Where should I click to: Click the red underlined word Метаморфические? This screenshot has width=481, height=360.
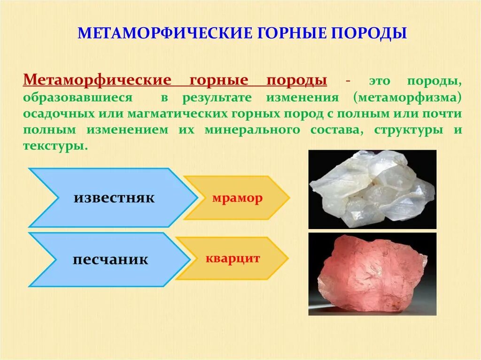pos(96,80)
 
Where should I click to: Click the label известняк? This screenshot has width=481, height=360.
pos(114,198)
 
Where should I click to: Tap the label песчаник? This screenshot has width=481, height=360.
pos(110,259)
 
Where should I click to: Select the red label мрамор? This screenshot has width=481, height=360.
pos(237,198)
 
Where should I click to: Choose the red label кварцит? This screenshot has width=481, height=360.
pos(233,258)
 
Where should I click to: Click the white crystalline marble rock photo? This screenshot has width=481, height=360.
pos(372,189)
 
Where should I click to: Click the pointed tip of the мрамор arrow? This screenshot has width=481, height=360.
pos(287,198)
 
